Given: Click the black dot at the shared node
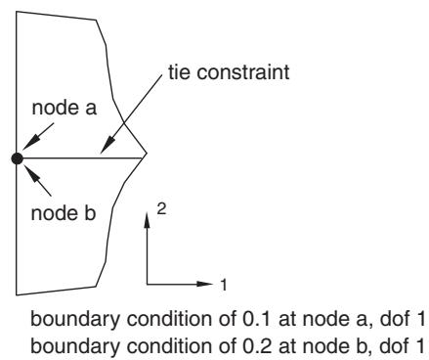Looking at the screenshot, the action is [17, 158].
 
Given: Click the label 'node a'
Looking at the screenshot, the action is [64, 108].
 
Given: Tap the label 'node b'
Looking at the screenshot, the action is [64, 213].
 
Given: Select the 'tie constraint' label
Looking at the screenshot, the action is [229, 72].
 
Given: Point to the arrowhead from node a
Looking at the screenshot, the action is [30, 143].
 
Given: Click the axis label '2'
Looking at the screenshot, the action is [161, 208].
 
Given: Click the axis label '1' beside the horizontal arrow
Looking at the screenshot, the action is [224, 285].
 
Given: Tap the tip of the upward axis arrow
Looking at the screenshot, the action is [147, 212].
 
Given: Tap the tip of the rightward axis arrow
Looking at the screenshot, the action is [213, 284].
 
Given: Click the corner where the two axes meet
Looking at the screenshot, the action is [147, 285].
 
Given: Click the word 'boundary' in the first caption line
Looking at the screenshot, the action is [75, 320].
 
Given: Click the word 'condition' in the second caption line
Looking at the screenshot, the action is [170, 346].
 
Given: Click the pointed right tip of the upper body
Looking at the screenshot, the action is [147, 153].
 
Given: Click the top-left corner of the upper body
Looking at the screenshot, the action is [17, 12].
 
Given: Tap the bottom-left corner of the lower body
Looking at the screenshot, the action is [17, 295].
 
